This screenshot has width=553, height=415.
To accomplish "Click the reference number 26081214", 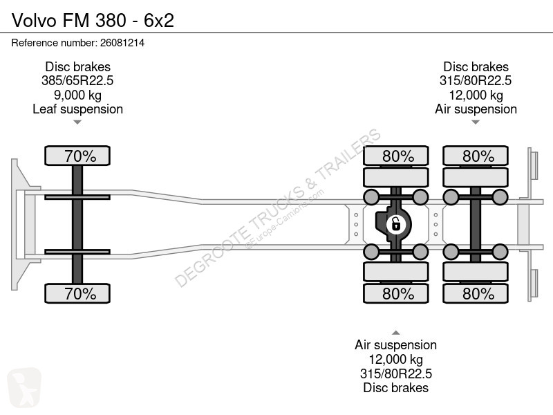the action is (122, 43).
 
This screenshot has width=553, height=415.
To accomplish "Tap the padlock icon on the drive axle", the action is (395, 224).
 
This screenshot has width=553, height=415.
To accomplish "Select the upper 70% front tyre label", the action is (77, 156).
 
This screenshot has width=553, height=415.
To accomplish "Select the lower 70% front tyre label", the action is (77, 293).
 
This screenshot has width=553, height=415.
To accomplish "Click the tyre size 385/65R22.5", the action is (77, 81).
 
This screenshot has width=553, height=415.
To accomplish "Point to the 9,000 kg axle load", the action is (77, 95).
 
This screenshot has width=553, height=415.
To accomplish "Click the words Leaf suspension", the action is (77, 109).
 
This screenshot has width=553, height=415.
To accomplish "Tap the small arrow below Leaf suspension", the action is (77, 122).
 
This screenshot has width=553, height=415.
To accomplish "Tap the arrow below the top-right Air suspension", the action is (476, 122).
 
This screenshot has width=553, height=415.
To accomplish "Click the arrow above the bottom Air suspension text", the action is (395, 333).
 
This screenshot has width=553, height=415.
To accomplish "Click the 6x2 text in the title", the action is (159, 21).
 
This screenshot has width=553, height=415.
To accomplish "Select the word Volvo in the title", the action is (34, 21).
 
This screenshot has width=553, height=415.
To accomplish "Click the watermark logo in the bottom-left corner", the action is (24, 387).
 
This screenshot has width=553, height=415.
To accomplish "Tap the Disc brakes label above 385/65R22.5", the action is (77, 66).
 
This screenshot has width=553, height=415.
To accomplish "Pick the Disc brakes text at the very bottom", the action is (395, 388).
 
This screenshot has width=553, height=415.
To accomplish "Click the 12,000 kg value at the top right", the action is (476, 95).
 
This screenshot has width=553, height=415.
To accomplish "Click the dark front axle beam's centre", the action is (77, 224).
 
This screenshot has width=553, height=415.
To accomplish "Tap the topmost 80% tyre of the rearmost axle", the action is (476, 156).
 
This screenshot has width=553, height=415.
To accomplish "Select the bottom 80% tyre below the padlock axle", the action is (395, 293).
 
